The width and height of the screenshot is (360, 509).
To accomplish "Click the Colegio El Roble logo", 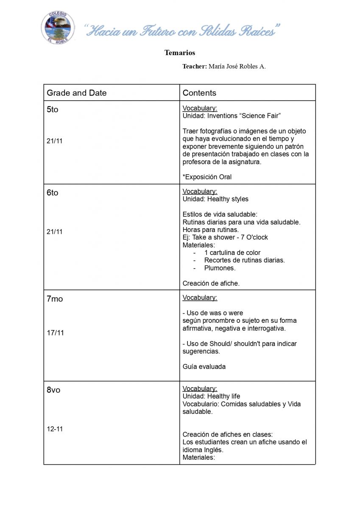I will [57, 28].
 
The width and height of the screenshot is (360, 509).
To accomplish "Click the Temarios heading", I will [180, 53].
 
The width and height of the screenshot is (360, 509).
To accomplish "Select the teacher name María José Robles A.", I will [237, 66].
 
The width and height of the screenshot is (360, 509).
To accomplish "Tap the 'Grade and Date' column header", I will [77, 93].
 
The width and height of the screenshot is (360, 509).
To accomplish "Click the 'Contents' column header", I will [199, 93].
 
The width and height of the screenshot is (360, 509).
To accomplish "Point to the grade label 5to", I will [53, 109].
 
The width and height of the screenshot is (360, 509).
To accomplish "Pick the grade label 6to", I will [53, 193].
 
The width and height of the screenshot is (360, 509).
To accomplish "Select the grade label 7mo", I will [55, 299].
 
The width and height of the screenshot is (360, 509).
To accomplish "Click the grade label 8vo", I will [53, 390].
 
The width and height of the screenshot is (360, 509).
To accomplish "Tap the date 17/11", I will [55, 333].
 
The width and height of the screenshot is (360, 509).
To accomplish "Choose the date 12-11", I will [55, 429].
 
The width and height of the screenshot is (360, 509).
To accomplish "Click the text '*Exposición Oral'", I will [207, 177].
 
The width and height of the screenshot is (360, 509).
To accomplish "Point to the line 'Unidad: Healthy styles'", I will [215, 199].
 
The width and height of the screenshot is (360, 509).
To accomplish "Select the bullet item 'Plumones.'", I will [220, 268].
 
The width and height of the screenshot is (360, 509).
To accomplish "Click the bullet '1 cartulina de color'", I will [232, 253].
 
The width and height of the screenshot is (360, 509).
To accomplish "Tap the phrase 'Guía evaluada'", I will [204, 366].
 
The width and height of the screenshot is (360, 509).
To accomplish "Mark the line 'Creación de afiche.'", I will [211, 283].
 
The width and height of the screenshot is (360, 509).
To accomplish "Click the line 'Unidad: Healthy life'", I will [211, 397].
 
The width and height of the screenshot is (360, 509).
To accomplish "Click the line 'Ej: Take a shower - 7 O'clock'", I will [225, 238].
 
